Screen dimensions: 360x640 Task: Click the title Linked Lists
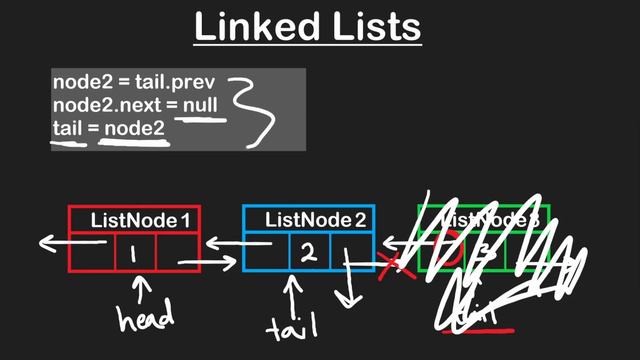(307, 27)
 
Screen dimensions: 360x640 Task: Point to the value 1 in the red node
(132, 254)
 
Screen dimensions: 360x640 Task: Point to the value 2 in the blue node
(309, 253)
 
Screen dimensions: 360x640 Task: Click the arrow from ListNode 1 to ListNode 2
(210, 263)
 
